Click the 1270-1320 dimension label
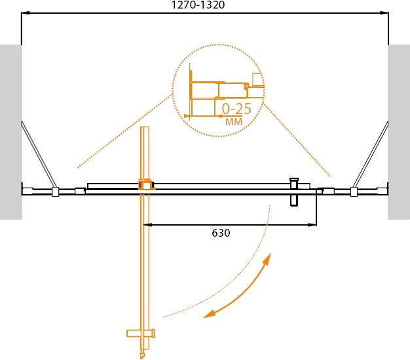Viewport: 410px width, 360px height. click(198, 5)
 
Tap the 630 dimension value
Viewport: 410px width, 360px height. click(221, 233)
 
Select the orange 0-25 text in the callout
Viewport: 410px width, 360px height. click(236, 108)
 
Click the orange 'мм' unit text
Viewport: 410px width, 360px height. click(234, 121)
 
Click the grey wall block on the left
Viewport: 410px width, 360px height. click(10, 132)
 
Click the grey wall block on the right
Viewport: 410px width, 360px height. click(399, 132)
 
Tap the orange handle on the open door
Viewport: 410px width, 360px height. click(141, 333)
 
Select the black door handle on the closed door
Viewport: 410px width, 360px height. click(294, 192)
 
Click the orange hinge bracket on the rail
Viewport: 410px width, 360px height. click(146, 184)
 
